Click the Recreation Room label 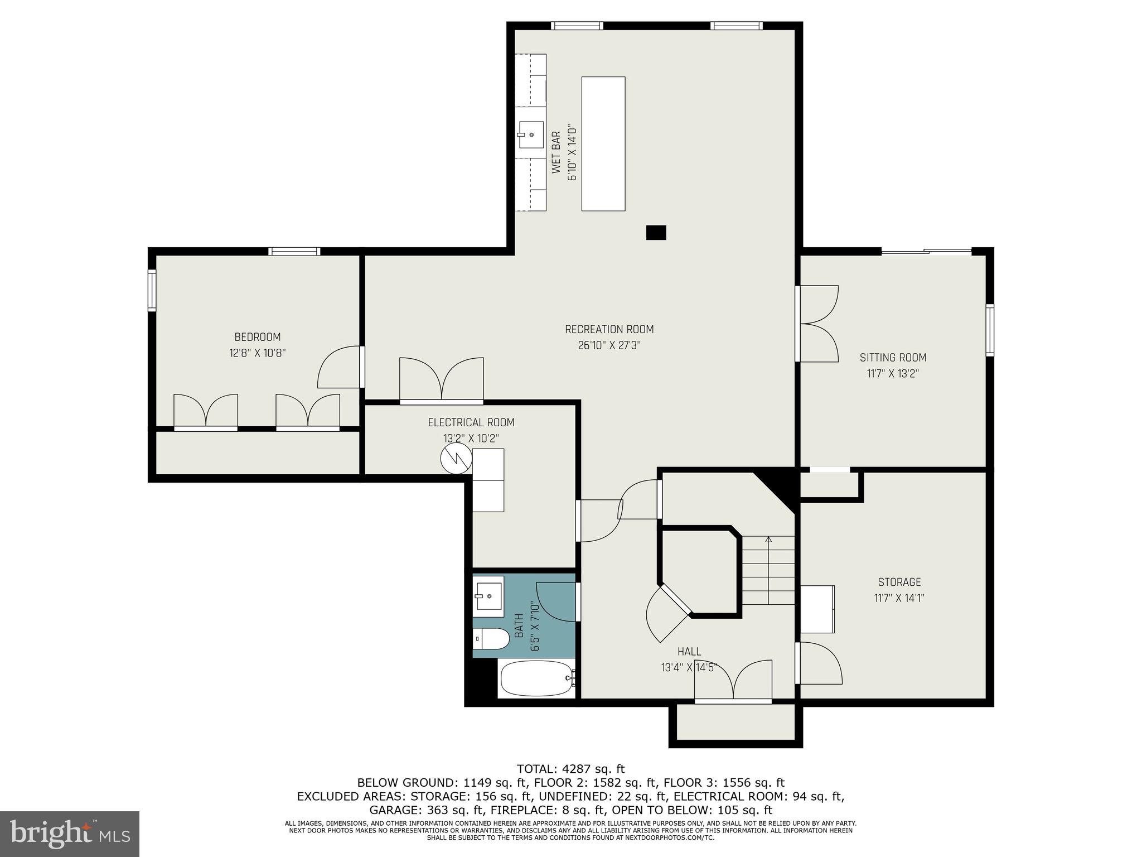pyautogui.click(x=609, y=329)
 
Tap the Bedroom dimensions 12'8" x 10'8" pyautogui.click(x=258, y=353)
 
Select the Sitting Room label pyautogui.click(x=893, y=358)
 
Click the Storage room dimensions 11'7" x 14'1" pyautogui.click(x=899, y=598)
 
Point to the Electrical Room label pyautogui.click(x=471, y=422)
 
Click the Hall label pyautogui.click(x=689, y=651)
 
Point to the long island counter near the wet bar pyautogui.click(x=603, y=143)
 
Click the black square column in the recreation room pyautogui.click(x=656, y=233)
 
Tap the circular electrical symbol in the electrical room pyautogui.click(x=456, y=458)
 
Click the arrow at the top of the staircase pyautogui.click(x=768, y=540)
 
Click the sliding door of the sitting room pyautogui.click(x=926, y=252)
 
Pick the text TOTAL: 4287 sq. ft pyautogui.click(x=570, y=769)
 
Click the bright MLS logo pyautogui.click(x=70, y=834)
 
